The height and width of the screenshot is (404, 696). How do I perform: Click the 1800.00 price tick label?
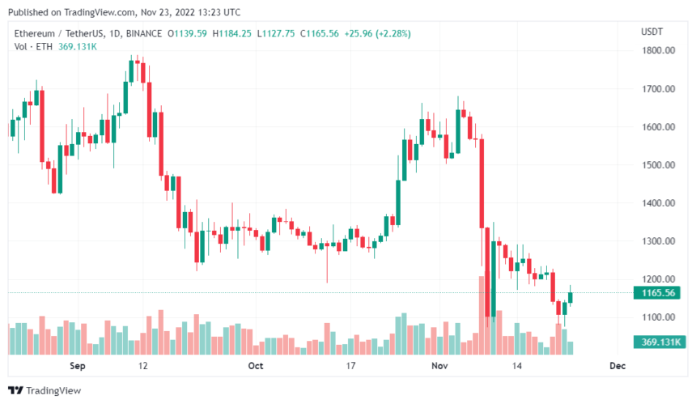click(x=659, y=51)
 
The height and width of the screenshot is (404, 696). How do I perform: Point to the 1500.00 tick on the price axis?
click(x=659, y=165)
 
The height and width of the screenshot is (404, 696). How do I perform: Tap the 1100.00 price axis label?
click(x=659, y=317)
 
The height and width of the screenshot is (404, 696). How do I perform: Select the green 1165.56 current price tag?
click(x=659, y=293)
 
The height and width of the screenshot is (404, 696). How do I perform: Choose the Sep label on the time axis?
click(x=77, y=366)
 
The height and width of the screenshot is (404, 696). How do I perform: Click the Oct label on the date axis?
click(x=256, y=366)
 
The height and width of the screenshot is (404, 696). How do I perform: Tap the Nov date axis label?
click(x=439, y=366)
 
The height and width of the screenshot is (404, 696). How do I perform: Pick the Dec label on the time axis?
click(x=617, y=366)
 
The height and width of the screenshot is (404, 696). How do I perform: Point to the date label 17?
click(x=350, y=366)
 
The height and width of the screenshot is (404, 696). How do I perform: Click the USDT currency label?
click(x=651, y=32)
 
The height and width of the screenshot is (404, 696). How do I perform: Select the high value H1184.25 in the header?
click(x=231, y=33)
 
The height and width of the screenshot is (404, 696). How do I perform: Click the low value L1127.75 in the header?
click(x=275, y=33)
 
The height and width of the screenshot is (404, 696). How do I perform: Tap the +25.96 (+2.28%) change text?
click(x=377, y=33)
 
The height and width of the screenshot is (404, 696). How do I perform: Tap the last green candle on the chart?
click(x=571, y=297)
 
